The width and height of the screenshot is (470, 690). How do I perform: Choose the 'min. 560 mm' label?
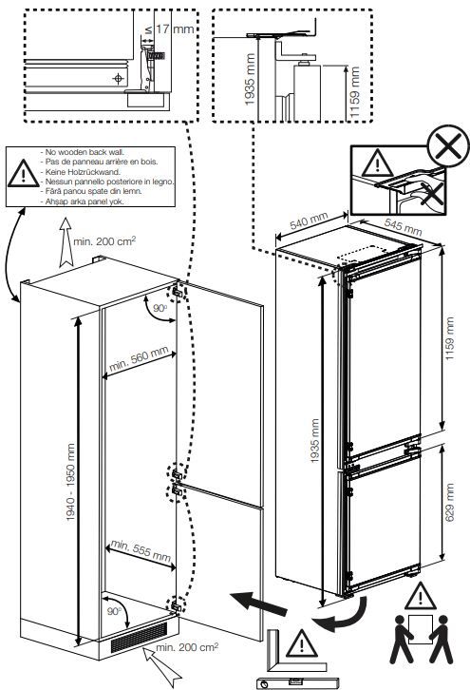click(139, 360)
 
